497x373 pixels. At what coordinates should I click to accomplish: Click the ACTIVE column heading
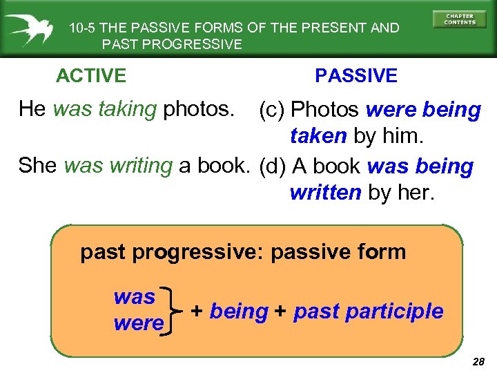click(x=91, y=75)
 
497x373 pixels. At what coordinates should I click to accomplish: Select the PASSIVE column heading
click(x=356, y=75)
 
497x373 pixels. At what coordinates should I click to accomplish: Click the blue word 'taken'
click(x=319, y=136)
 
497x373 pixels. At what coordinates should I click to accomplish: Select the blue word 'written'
click(x=325, y=193)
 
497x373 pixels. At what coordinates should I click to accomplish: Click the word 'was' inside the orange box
click(x=135, y=297)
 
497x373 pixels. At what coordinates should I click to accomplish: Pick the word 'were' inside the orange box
click(x=139, y=323)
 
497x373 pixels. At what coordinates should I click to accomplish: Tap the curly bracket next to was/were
click(x=170, y=310)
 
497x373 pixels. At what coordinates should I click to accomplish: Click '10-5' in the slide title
click(x=83, y=28)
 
